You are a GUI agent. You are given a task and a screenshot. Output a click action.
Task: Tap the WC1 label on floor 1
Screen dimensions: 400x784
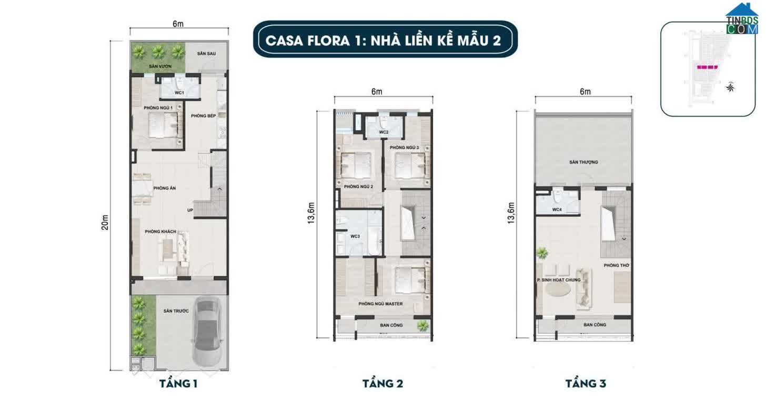tap(179, 93)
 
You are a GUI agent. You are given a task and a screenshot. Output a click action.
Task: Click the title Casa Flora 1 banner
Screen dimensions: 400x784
tap(383, 40)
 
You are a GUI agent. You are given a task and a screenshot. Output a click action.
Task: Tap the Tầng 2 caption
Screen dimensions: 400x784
tap(383, 384)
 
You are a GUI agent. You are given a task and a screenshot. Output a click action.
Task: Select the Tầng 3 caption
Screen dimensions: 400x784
tap(586, 384)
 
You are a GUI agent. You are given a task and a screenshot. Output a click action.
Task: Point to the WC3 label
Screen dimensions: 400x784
tap(355, 237)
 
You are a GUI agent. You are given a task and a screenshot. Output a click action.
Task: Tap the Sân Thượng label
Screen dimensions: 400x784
tap(584, 162)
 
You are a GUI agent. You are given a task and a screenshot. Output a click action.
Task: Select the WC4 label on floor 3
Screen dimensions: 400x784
tap(557, 209)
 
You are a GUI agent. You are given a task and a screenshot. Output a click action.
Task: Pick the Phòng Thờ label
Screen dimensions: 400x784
tap(617, 265)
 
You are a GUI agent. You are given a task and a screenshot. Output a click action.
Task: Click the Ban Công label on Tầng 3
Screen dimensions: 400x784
tap(595, 325)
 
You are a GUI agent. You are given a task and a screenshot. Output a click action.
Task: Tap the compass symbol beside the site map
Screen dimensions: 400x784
tap(730, 87)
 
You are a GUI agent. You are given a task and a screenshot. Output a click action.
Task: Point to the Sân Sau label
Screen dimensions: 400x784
tap(207, 54)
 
